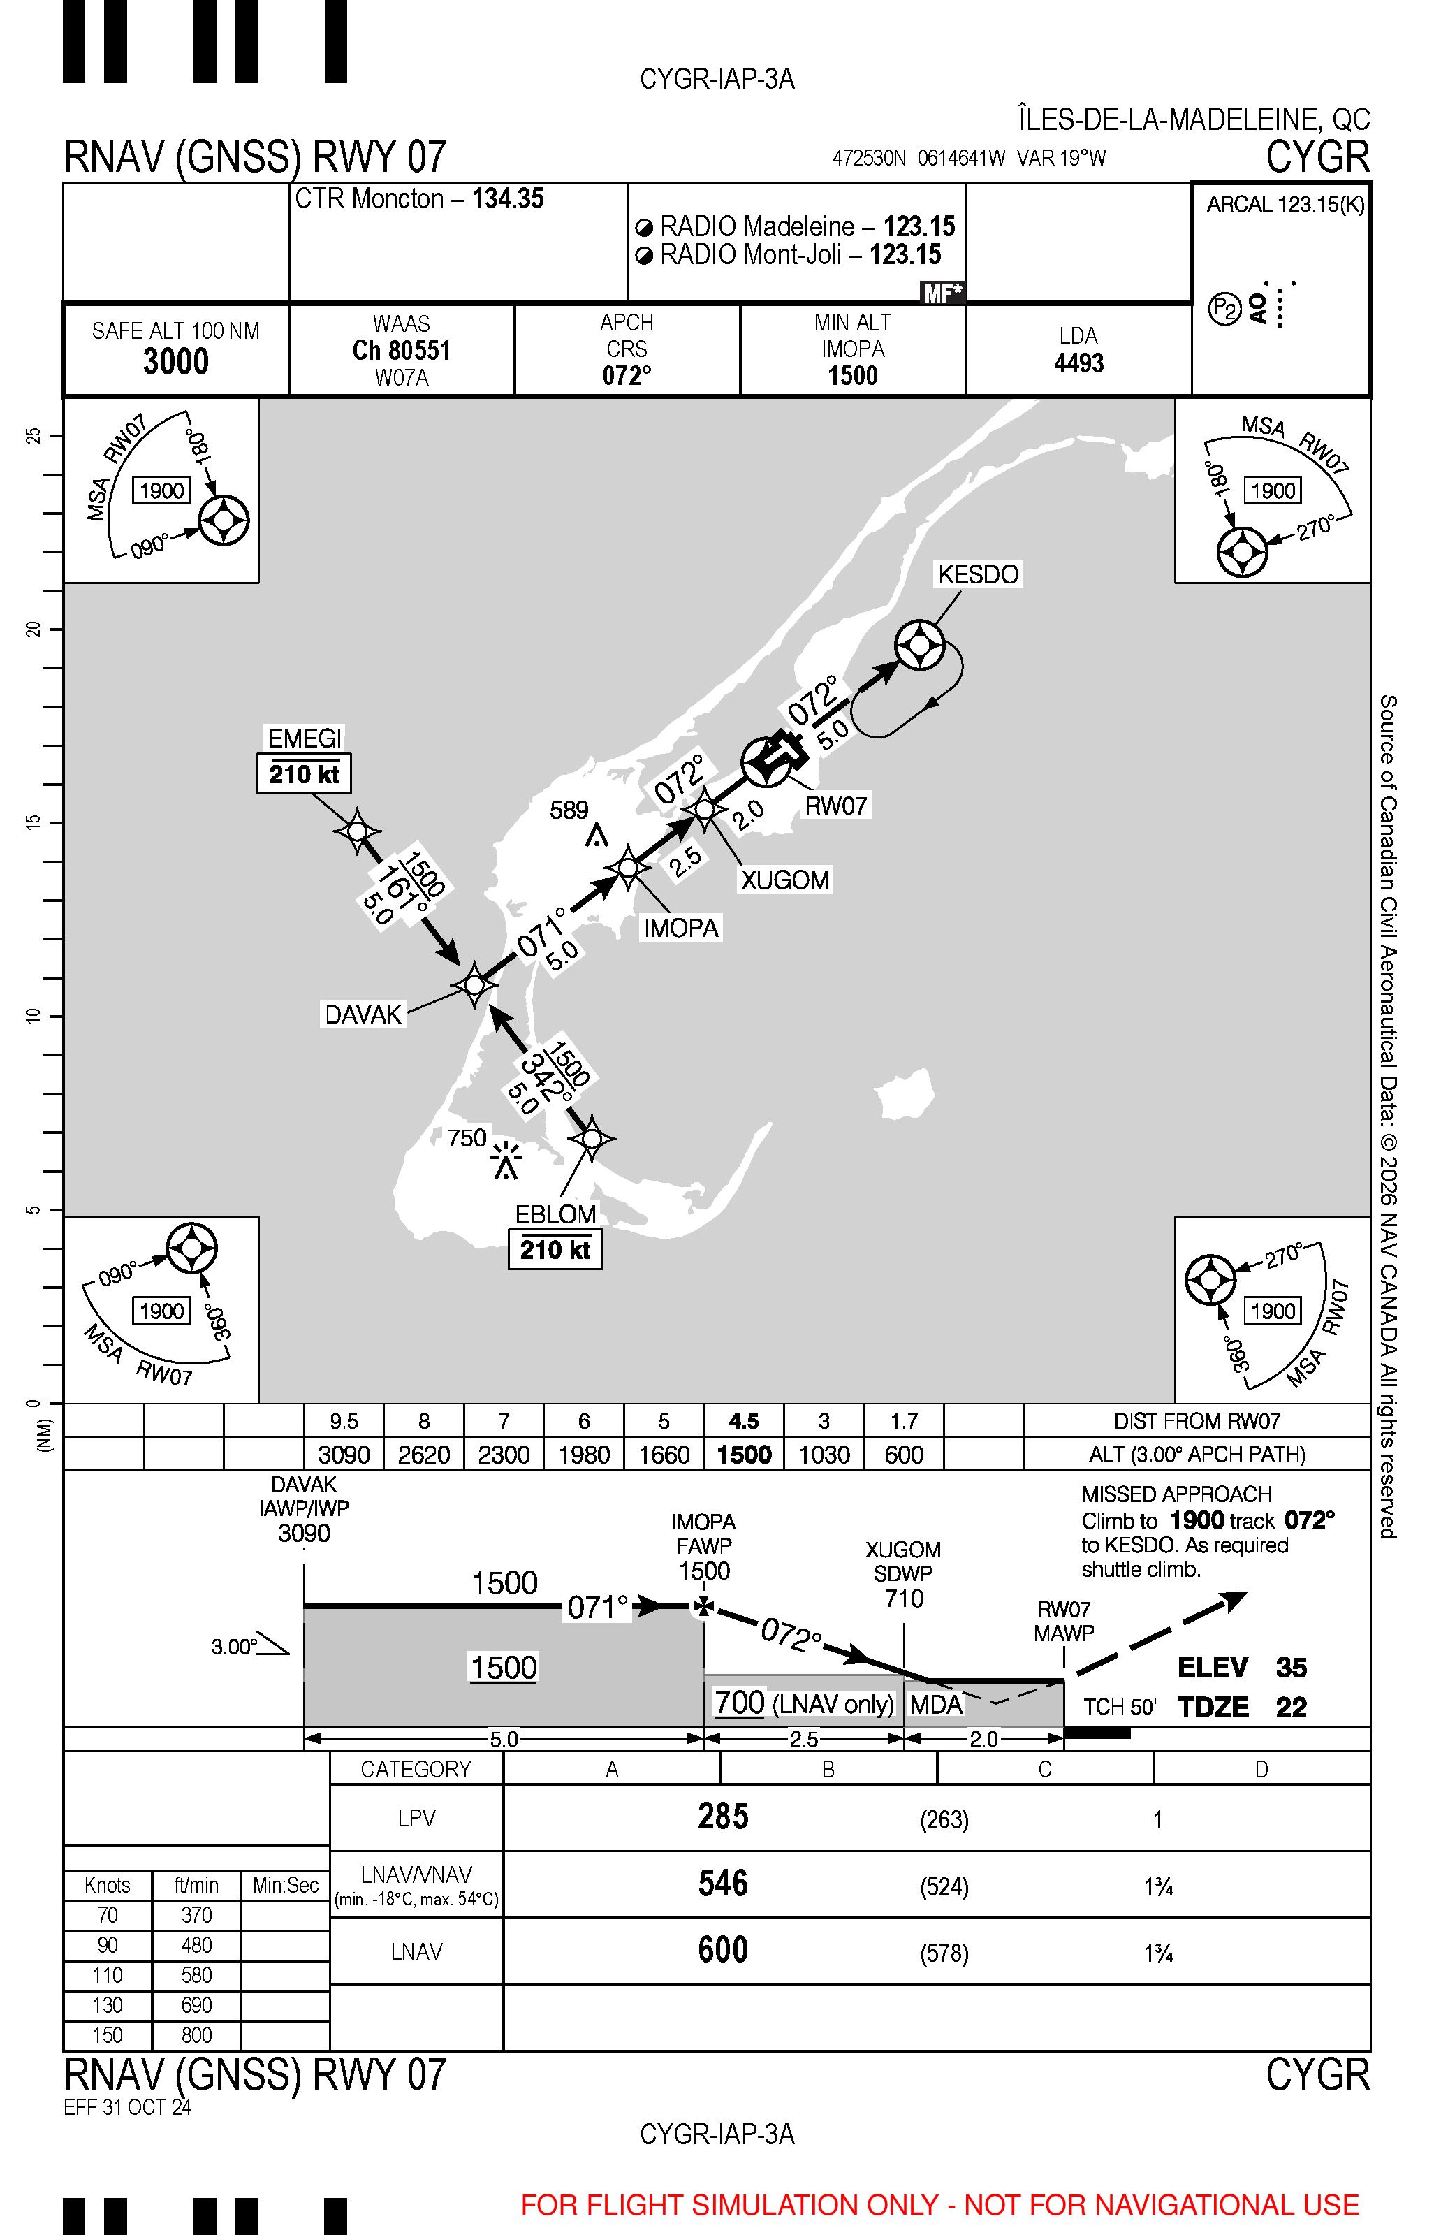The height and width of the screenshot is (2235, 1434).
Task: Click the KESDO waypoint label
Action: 978,574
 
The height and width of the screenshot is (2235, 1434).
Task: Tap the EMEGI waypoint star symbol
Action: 358,830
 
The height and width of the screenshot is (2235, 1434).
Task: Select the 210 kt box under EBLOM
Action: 555,1250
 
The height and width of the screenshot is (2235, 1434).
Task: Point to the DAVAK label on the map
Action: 363,1014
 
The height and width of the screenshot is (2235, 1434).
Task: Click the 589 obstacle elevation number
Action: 569,810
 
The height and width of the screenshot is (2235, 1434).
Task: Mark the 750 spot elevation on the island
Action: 467,1138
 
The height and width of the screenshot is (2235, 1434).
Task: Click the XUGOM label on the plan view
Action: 784,880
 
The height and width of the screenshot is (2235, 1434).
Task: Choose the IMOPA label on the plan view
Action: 681,928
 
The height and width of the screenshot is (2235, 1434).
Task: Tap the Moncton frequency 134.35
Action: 508,199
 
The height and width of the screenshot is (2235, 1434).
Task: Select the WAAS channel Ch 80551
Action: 402,350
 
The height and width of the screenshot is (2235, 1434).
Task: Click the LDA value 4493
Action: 1078,363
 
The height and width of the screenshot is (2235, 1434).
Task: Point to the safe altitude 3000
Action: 176,361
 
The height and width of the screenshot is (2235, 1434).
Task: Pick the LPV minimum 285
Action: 722,1817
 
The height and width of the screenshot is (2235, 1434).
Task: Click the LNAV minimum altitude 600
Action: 722,1950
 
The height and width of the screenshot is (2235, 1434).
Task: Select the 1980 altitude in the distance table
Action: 584,1455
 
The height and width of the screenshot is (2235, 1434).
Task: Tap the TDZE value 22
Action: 1291,1707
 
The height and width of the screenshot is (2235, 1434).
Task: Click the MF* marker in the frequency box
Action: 942,293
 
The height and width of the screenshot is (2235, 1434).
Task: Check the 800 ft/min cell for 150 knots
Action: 196,2034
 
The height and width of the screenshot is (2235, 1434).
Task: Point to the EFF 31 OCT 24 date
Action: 128,2107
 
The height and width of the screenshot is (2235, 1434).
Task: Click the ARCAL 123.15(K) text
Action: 1285,205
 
